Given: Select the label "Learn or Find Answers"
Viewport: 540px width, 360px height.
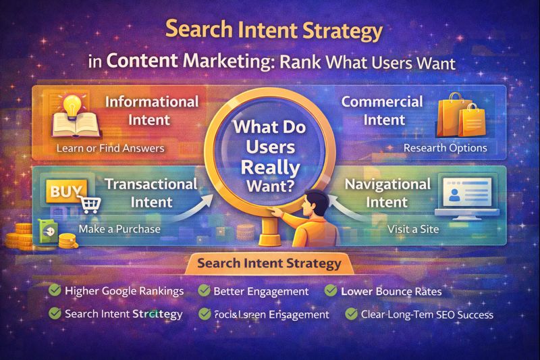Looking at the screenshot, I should [x=111, y=148].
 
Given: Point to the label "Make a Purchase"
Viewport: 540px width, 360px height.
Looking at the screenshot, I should [x=119, y=229].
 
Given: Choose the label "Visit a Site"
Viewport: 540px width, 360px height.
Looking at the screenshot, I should [x=413, y=229].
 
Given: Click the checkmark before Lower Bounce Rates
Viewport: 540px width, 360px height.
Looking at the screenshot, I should [x=331, y=291].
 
